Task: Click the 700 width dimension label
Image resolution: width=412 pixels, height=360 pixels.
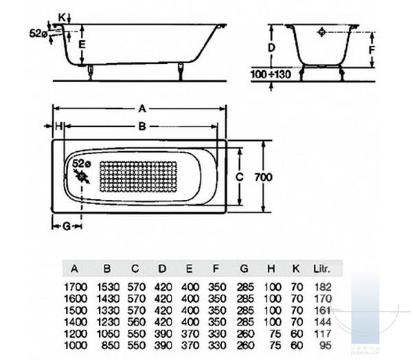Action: pyautogui.click(x=264, y=177)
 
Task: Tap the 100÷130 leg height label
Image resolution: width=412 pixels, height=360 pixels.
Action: pyautogui.click(x=271, y=74)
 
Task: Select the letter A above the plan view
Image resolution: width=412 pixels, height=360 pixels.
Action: pyautogui.click(x=142, y=109)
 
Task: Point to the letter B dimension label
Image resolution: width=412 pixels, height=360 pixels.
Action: pyautogui.click(x=142, y=126)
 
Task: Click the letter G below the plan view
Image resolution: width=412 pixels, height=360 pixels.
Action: pyautogui.click(x=67, y=226)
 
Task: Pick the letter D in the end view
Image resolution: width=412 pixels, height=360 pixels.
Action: pyautogui.click(x=271, y=47)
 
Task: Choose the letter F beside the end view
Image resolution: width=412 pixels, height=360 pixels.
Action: pyautogui.click(x=371, y=50)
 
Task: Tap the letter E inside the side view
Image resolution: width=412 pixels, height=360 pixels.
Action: pyautogui.click(x=82, y=45)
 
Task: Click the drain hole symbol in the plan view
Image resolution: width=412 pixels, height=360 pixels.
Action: pyautogui.click(x=82, y=177)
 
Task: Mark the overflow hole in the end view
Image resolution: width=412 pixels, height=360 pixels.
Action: pyautogui.click(x=321, y=32)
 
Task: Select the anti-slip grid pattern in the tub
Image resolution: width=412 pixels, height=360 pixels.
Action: pyautogui.click(x=138, y=177)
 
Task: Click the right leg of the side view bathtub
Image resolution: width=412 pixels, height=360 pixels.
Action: pyautogui.click(x=181, y=71)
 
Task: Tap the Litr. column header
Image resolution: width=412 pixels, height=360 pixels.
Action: pyautogui.click(x=322, y=269)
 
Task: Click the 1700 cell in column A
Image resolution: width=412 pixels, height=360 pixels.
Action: pyautogui.click(x=76, y=286)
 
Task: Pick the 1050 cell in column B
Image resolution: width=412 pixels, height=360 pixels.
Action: pyautogui.click(x=108, y=334)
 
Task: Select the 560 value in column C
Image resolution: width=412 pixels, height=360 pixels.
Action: pyautogui.click(x=137, y=322)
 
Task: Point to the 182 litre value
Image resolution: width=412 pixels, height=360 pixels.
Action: pyautogui.click(x=323, y=286)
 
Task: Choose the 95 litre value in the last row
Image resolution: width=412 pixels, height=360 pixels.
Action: pyautogui.click(x=325, y=346)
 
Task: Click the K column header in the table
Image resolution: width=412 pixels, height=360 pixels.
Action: pyautogui.click(x=296, y=269)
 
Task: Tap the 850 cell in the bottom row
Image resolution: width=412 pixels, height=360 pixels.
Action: pyautogui.click(x=111, y=346)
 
